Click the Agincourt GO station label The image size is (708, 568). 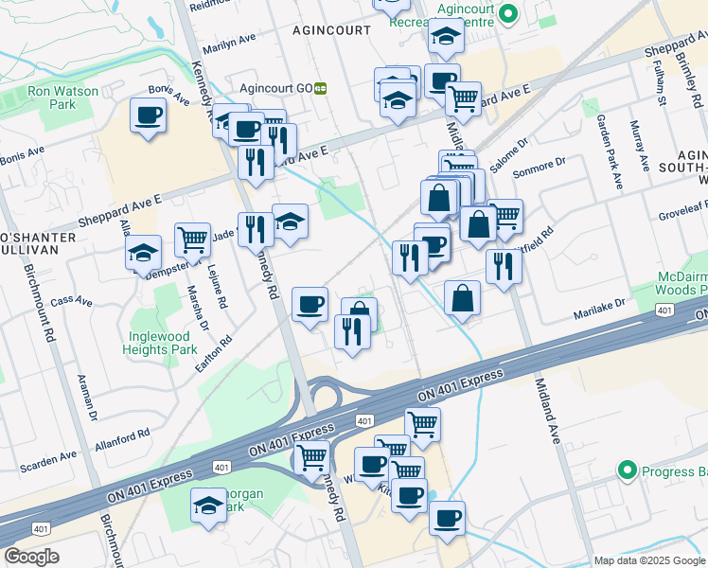click(x=275, y=88)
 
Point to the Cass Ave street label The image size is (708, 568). click(x=72, y=302)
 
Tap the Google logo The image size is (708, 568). click(x=31, y=557)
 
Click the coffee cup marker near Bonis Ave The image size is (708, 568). click(x=149, y=116)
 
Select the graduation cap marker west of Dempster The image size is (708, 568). click(x=143, y=253)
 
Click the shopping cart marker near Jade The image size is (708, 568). click(x=192, y=240)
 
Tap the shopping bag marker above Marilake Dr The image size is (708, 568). click(x=461, y=297)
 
